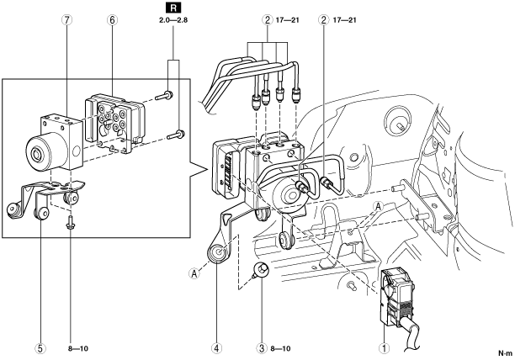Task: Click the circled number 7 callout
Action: coord(66,20)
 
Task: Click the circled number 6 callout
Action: coord(112,20)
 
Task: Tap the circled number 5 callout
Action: coord(40,348)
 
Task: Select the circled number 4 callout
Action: coord(216,348)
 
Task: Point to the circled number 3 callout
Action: coord(262,348)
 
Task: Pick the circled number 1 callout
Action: coord(384,348)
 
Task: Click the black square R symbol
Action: coord(173,8)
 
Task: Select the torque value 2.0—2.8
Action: coord(173,20)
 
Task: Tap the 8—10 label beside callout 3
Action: coord(280,348)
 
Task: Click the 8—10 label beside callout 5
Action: coord(78,348)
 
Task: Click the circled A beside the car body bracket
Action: coord(379,207)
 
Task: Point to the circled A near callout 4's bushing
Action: coord(194,273)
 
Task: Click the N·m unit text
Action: coord(505,353)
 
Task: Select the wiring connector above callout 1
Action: coord(395,299)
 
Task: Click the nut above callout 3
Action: coord(261,271)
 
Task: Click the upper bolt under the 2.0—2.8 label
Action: coord(165,96)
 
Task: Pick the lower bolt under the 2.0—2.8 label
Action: coord(176,135)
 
